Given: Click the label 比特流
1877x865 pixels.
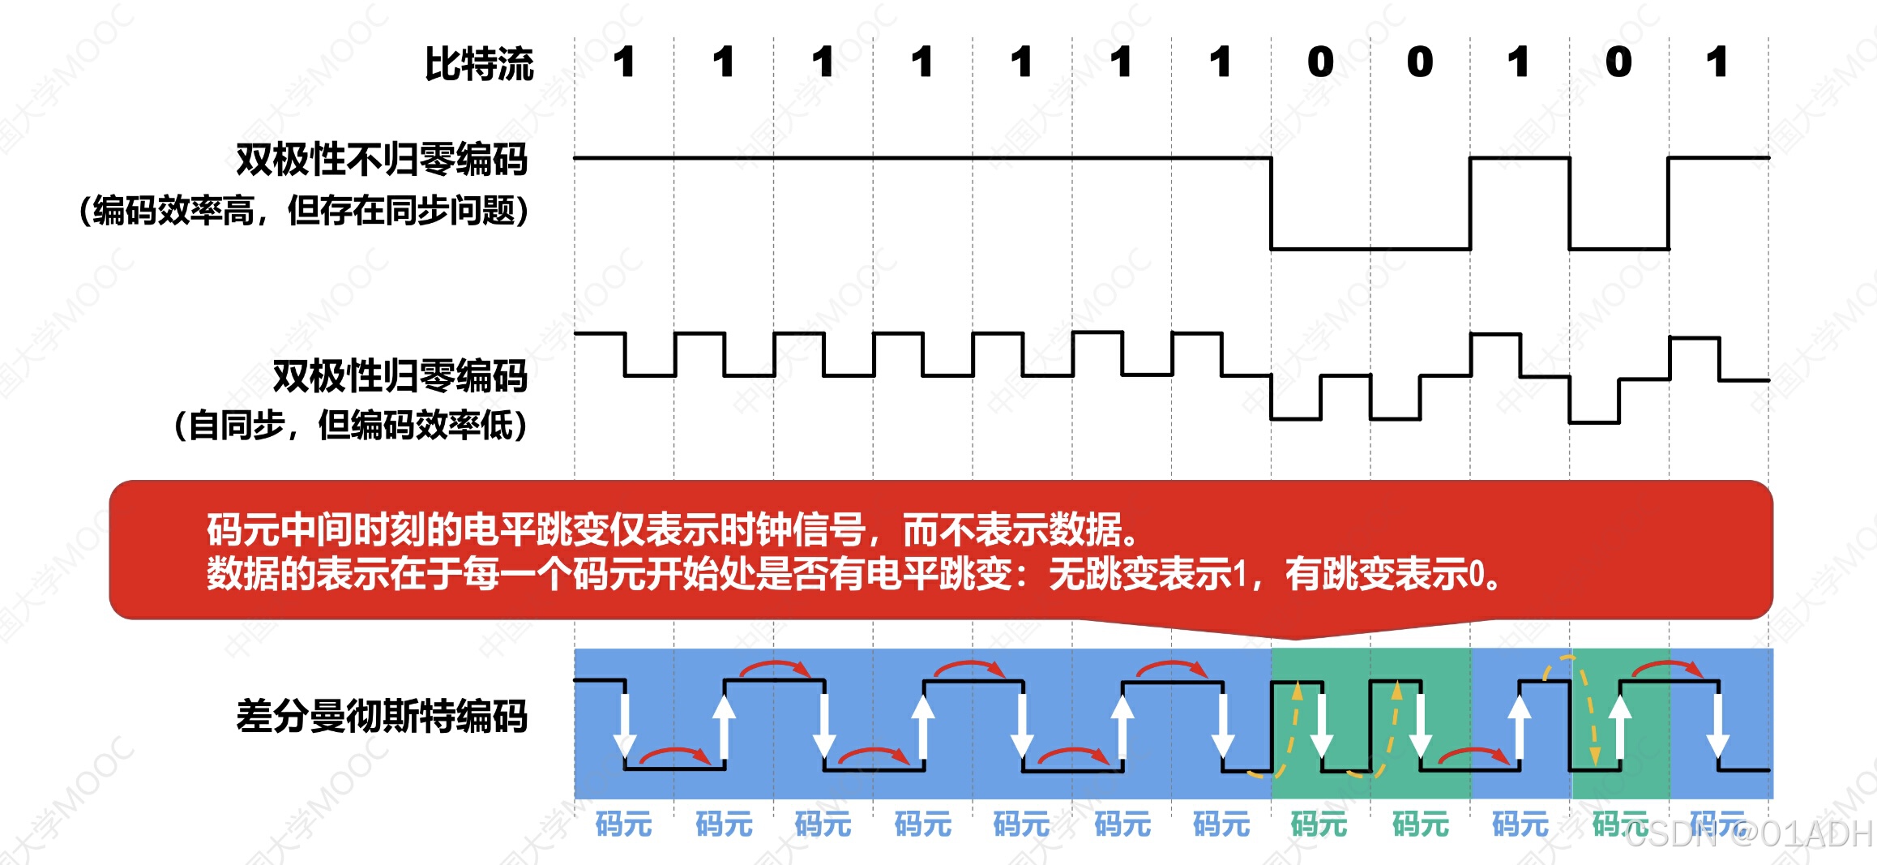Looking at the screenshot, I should pyautogui.click(x=479, y=64).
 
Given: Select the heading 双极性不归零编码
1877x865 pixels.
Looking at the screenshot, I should pyautogui.click(x=382, y=159).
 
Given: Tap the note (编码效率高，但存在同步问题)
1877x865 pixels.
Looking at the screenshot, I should pyautogui.click(x=304, y=211).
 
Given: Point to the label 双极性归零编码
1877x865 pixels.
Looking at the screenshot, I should pyautogui.click(x=400, y=376).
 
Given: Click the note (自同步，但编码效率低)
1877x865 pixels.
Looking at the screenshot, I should pyautogui.click(x=351, y=425).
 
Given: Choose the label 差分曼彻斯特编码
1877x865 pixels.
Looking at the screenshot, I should pyautogui.click(x=382, y=717).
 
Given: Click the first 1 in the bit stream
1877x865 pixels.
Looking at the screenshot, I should pyautogui.click(x=624, y=62).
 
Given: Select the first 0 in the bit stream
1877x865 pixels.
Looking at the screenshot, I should pyautogui.click(x=1320, y=62).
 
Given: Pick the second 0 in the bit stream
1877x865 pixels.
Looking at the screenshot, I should pyautogui.click(x=1420, y=62).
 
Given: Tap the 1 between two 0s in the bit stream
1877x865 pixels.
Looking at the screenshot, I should pyautogui.click(x=1519, y=62).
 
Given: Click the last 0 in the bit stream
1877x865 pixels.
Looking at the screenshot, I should pyautogui.click(x=1618, y=62).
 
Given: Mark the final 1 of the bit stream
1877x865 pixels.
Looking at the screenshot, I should pyautogui.click(x=1717, y=62).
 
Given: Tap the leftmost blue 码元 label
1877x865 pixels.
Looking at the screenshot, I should pyautogui.click(x=623, y=824).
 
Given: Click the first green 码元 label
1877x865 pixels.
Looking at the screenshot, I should pyautogui.click(x=1319, y=824).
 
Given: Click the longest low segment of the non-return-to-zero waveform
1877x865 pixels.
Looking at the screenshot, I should pyautogui.click(x=1370, y=249).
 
